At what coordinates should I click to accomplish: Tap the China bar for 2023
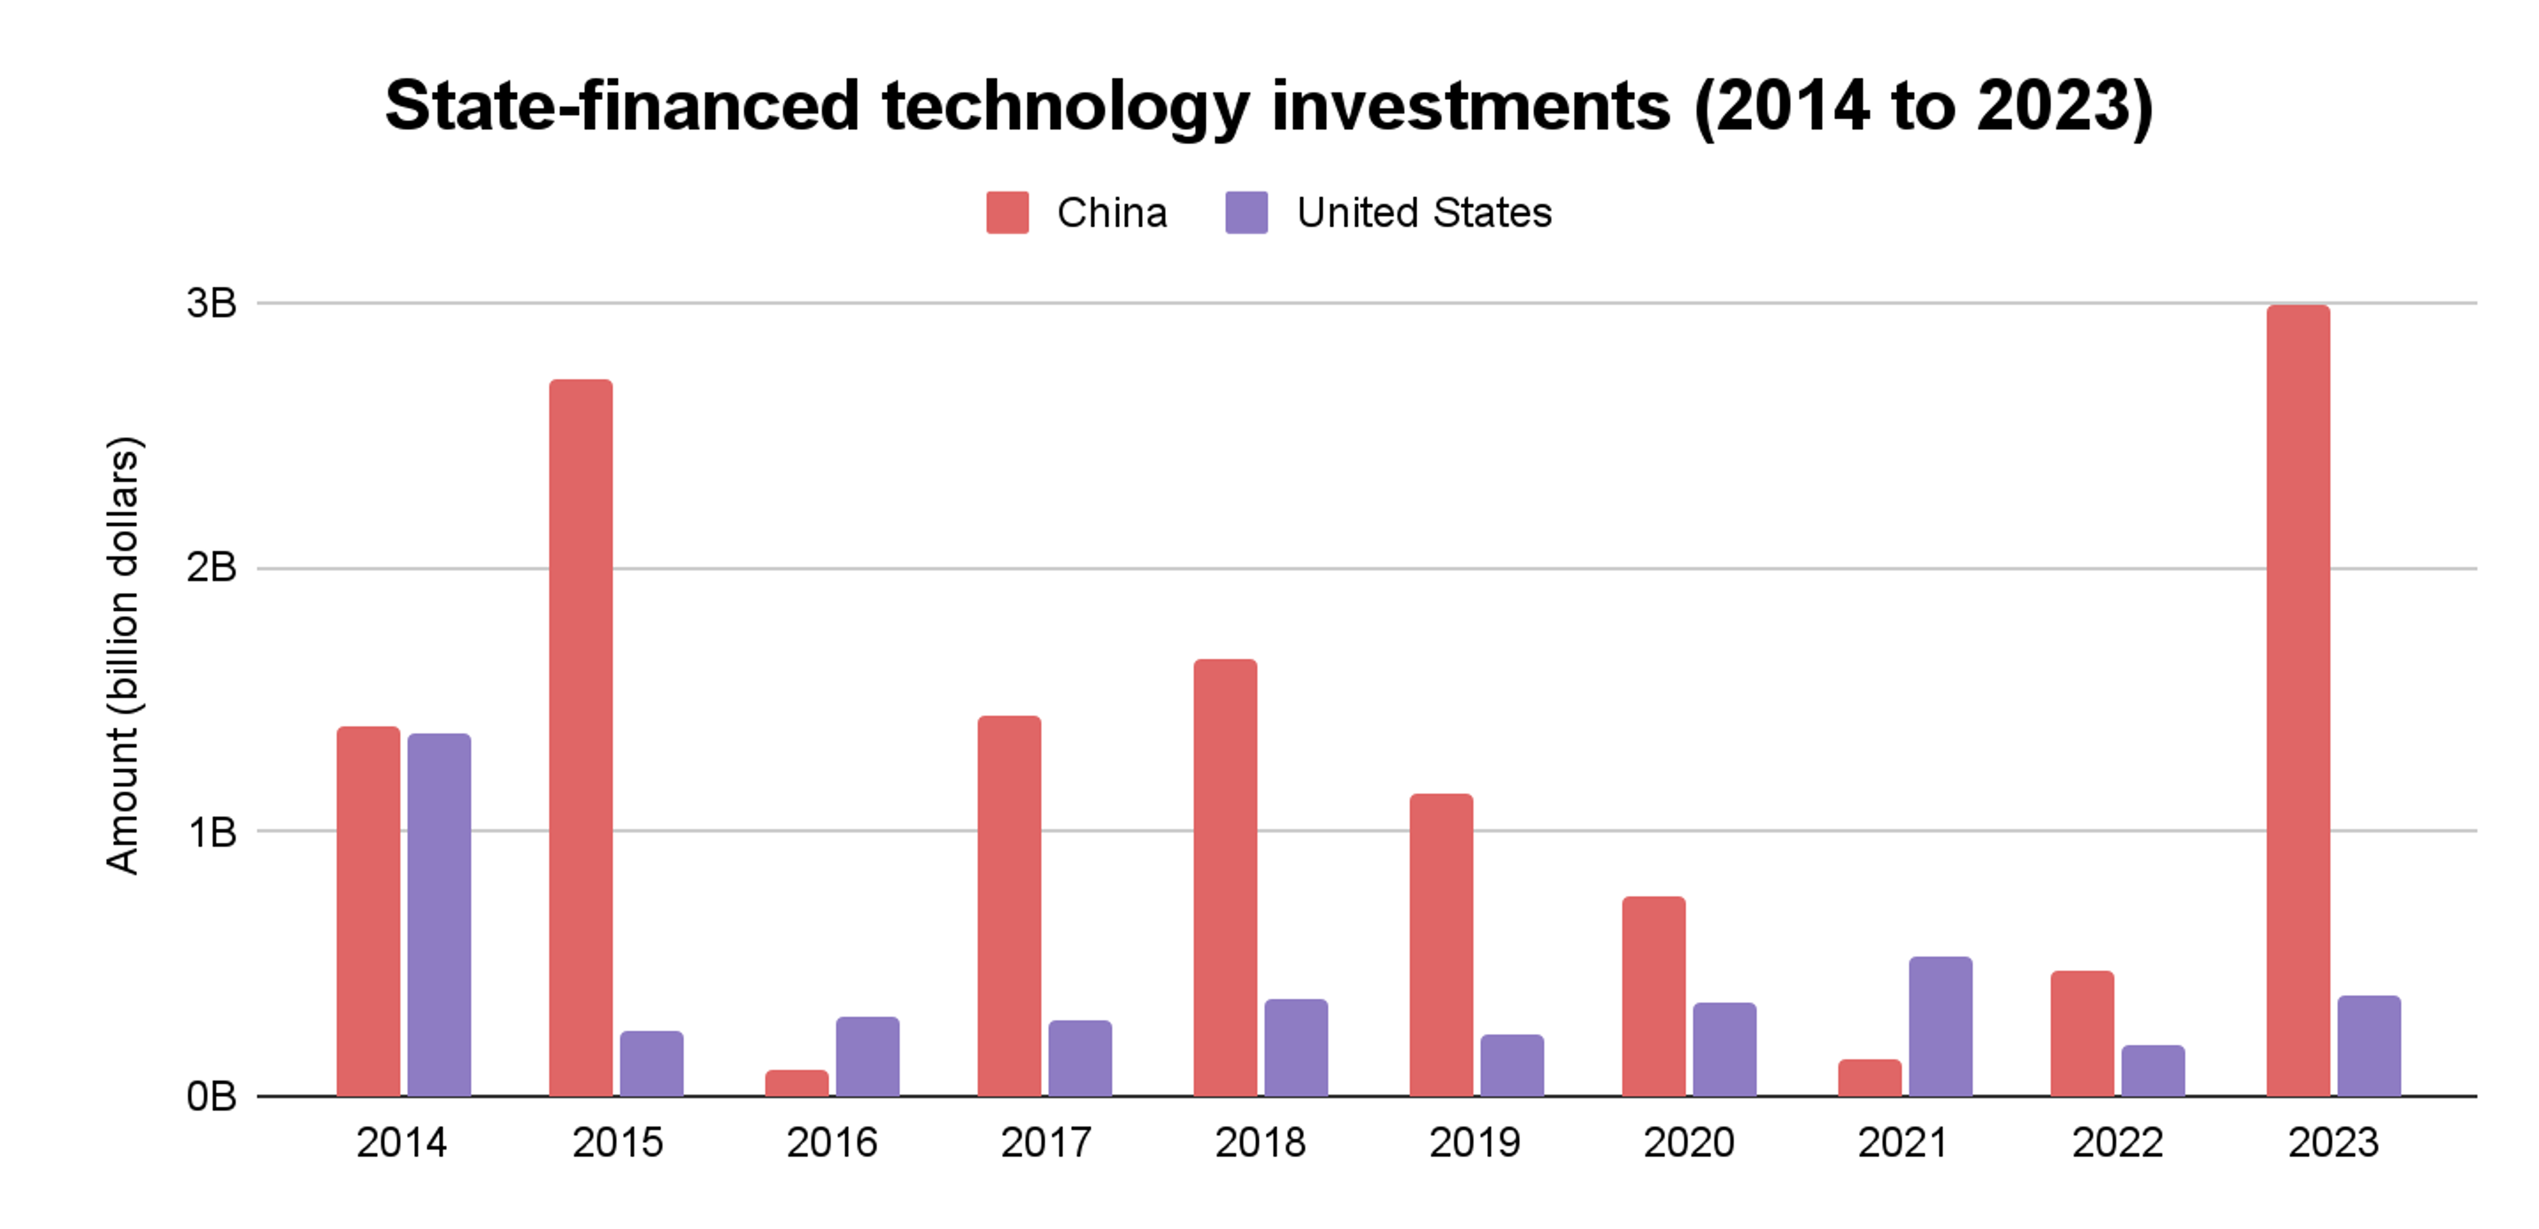[x=2298, y=700]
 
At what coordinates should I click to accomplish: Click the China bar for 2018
[x=1225, y=877]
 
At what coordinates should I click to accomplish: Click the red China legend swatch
[x=1006, y=213]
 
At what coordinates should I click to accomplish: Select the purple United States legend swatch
[x=1246, y=213]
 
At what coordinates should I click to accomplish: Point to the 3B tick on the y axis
[x=211, y=303]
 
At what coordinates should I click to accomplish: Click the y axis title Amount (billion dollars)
[x=124, y=655]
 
